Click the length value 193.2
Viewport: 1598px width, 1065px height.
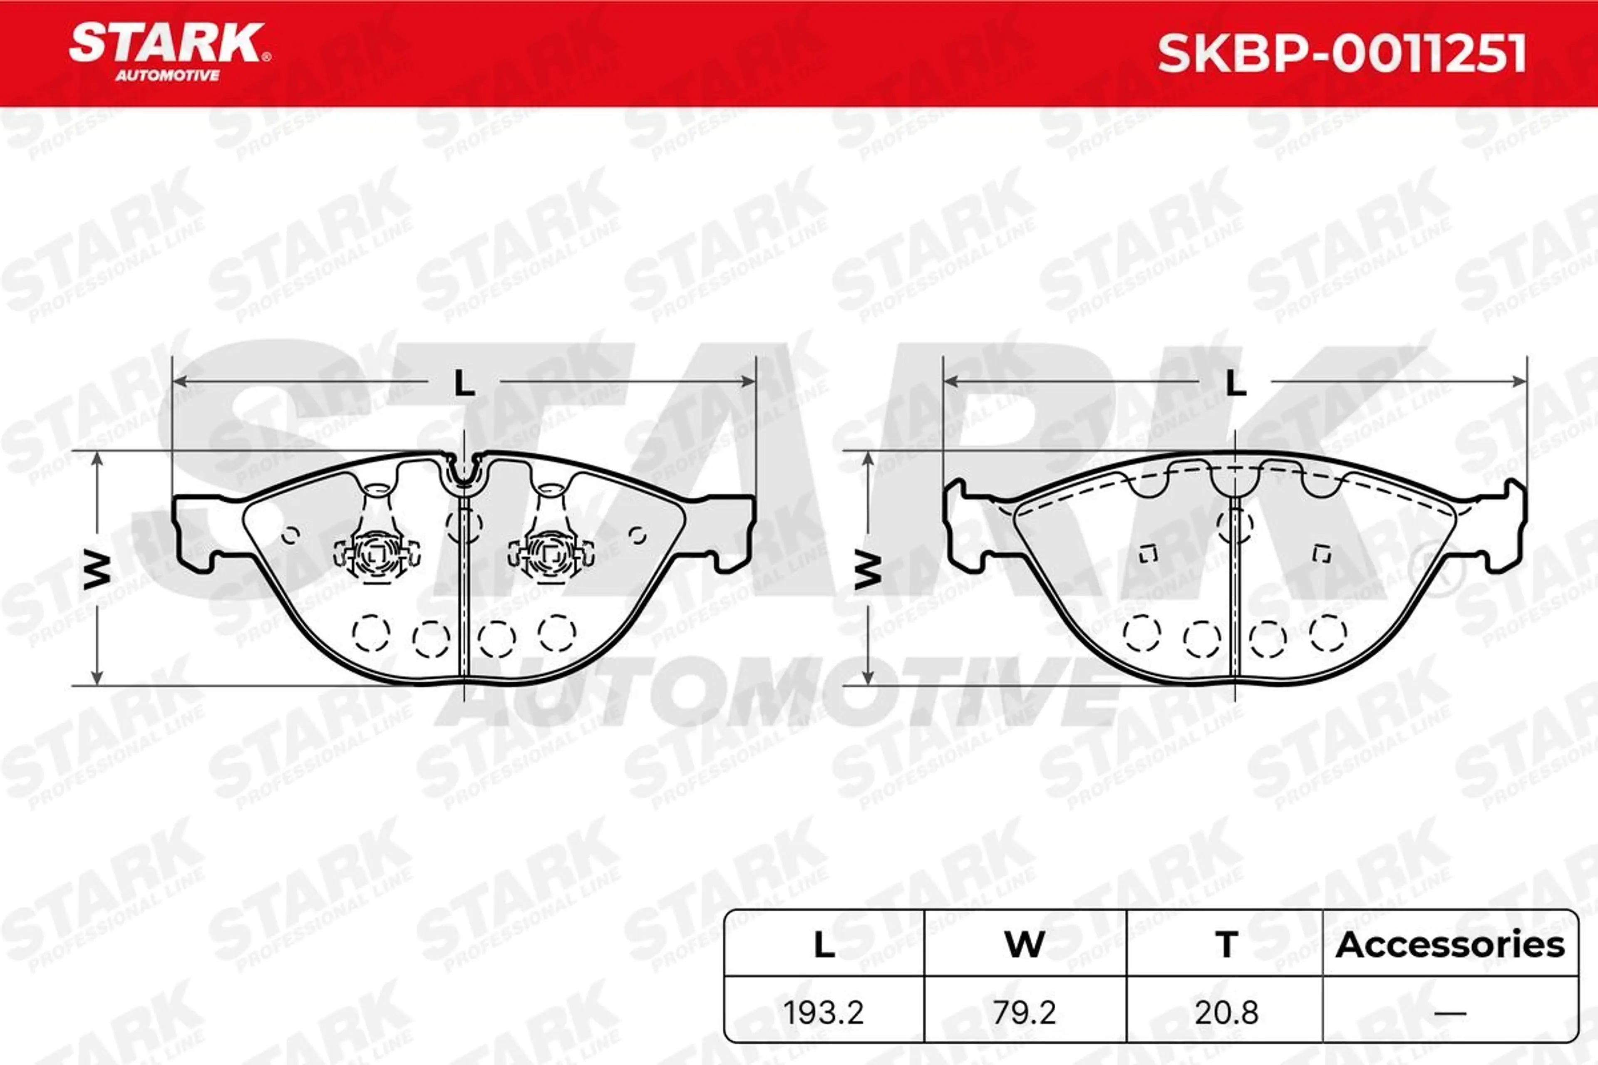[824, 1013]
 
